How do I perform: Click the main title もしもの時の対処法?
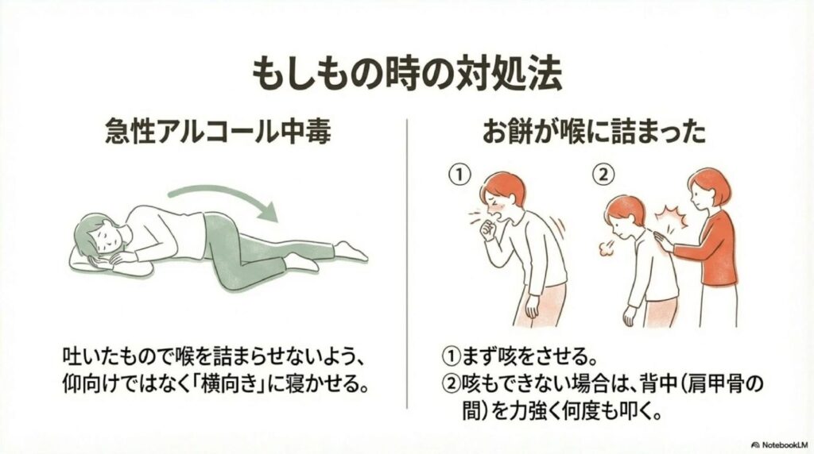click(x=407, y=75)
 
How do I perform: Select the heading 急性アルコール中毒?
click(x=218, y=131)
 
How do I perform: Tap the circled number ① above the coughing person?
click(x=459, y=175)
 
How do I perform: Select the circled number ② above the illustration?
click(x=603, y=175)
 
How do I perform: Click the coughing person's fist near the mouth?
click(x=489, y=229)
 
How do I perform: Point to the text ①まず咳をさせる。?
click(x=520, y=356)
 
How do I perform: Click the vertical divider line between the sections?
click(x=407, y=264)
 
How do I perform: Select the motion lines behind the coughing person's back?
click(x=560, y=227)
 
